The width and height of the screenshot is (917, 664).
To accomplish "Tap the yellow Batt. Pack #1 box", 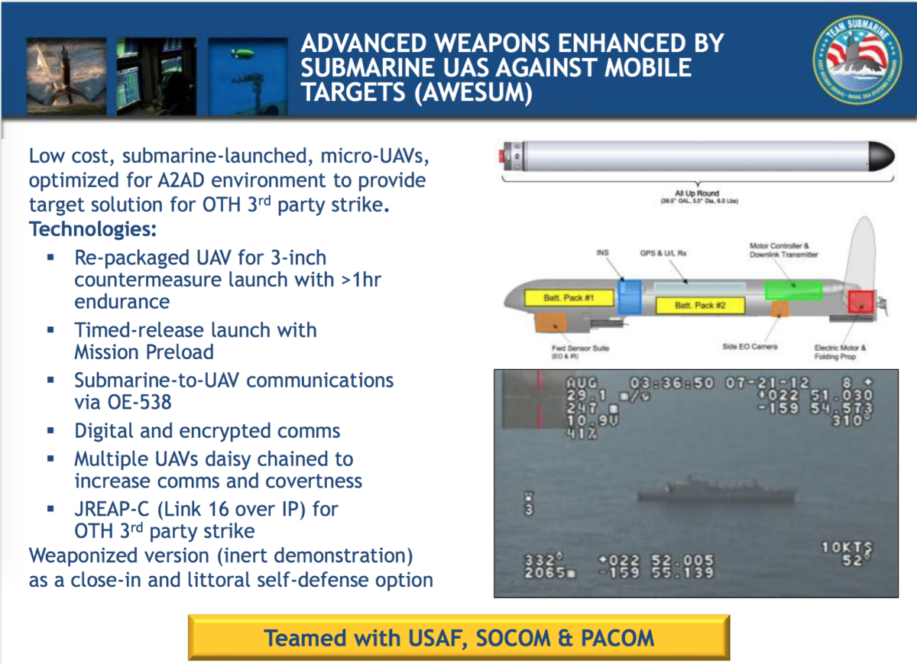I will coord(562,298).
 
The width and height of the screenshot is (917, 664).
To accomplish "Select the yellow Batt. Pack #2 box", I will coord(700,306).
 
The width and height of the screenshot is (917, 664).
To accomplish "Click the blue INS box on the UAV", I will coord(630,296).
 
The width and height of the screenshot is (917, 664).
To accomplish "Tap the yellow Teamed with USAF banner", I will coord(458,637).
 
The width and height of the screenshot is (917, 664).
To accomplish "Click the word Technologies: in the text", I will coord(92,229).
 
